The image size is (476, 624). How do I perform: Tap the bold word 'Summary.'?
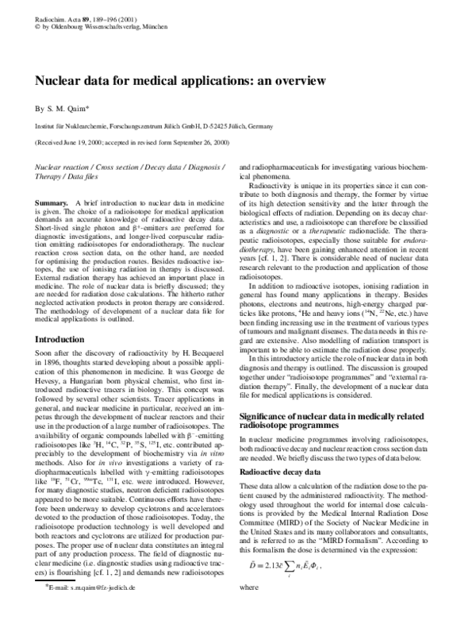pos(50,204)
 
